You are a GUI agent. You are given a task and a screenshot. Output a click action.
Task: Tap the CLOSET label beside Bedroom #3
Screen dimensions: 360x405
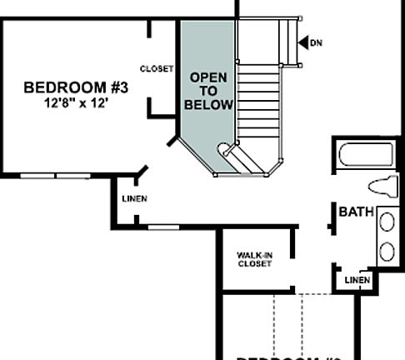coord(157,69)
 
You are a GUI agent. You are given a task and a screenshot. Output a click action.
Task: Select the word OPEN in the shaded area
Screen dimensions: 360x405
coord(208,77)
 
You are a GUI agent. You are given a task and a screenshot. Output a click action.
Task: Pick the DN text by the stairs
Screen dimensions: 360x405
coord(316,42)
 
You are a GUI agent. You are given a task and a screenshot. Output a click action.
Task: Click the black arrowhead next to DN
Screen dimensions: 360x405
coord(302,42)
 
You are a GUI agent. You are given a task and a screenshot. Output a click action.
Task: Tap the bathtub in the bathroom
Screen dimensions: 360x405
coord(366,156)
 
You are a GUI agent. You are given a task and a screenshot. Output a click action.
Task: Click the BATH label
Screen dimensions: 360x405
coord(357,212)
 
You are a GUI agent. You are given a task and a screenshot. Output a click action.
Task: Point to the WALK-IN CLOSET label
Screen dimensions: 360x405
coord(254,259)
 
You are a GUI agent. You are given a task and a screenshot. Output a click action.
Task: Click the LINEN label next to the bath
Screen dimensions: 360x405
coord(357,280)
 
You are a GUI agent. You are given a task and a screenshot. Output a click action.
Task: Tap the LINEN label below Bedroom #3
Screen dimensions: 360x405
coord(134,198)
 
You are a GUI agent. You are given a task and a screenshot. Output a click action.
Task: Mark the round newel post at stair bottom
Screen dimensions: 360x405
coord(224,150)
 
